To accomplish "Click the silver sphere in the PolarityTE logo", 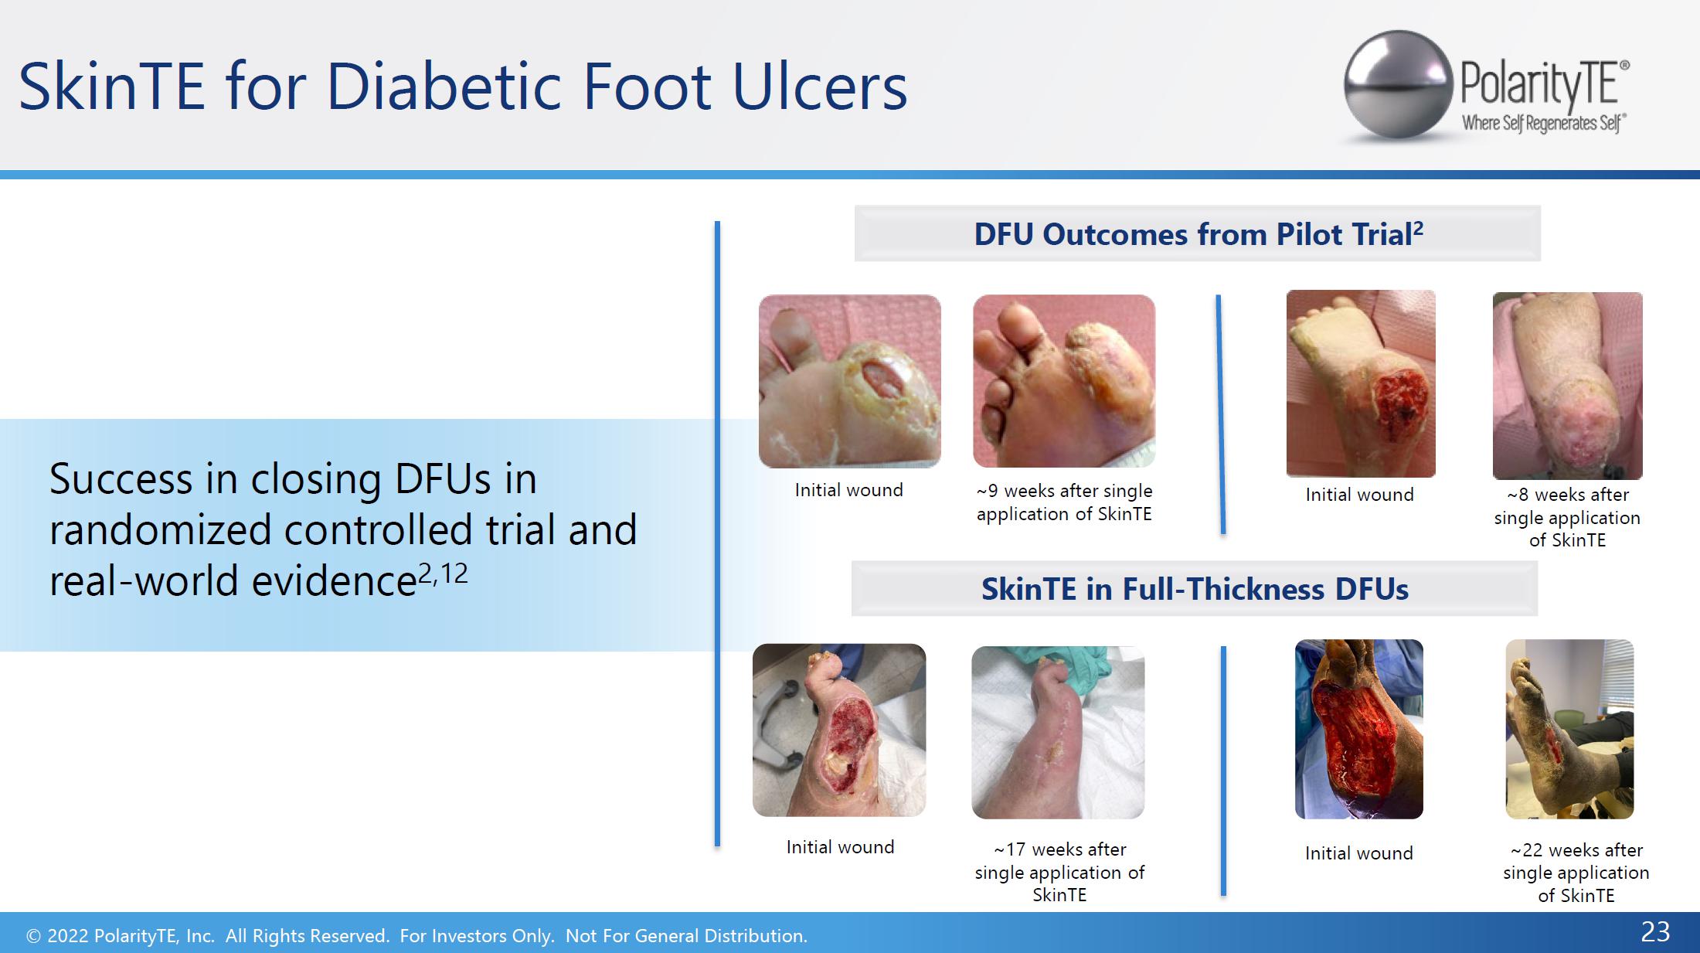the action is [1398, 85].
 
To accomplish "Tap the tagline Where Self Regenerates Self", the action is [1544, 124].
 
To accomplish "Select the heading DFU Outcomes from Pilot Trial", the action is [1198, 234].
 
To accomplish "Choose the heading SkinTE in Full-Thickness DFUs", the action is [1195, 589].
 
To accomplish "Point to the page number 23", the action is [1655, 932].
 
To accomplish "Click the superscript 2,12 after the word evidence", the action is [443, 574].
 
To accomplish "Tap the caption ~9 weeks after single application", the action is [1064, 502].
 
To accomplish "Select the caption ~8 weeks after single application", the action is [1567, 517].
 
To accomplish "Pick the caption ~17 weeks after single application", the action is [1059, 872].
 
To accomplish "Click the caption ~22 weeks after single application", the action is [1576, 873].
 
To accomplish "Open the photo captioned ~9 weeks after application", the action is [1064, 381].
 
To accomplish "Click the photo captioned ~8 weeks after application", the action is [1567, 386].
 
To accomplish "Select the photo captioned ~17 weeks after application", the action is [1058, 732].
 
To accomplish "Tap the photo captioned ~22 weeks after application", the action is [1569, 729].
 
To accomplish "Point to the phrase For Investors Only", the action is [477, 936].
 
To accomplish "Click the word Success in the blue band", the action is [121, 478].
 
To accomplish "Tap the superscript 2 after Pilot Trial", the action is [1418, 228].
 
